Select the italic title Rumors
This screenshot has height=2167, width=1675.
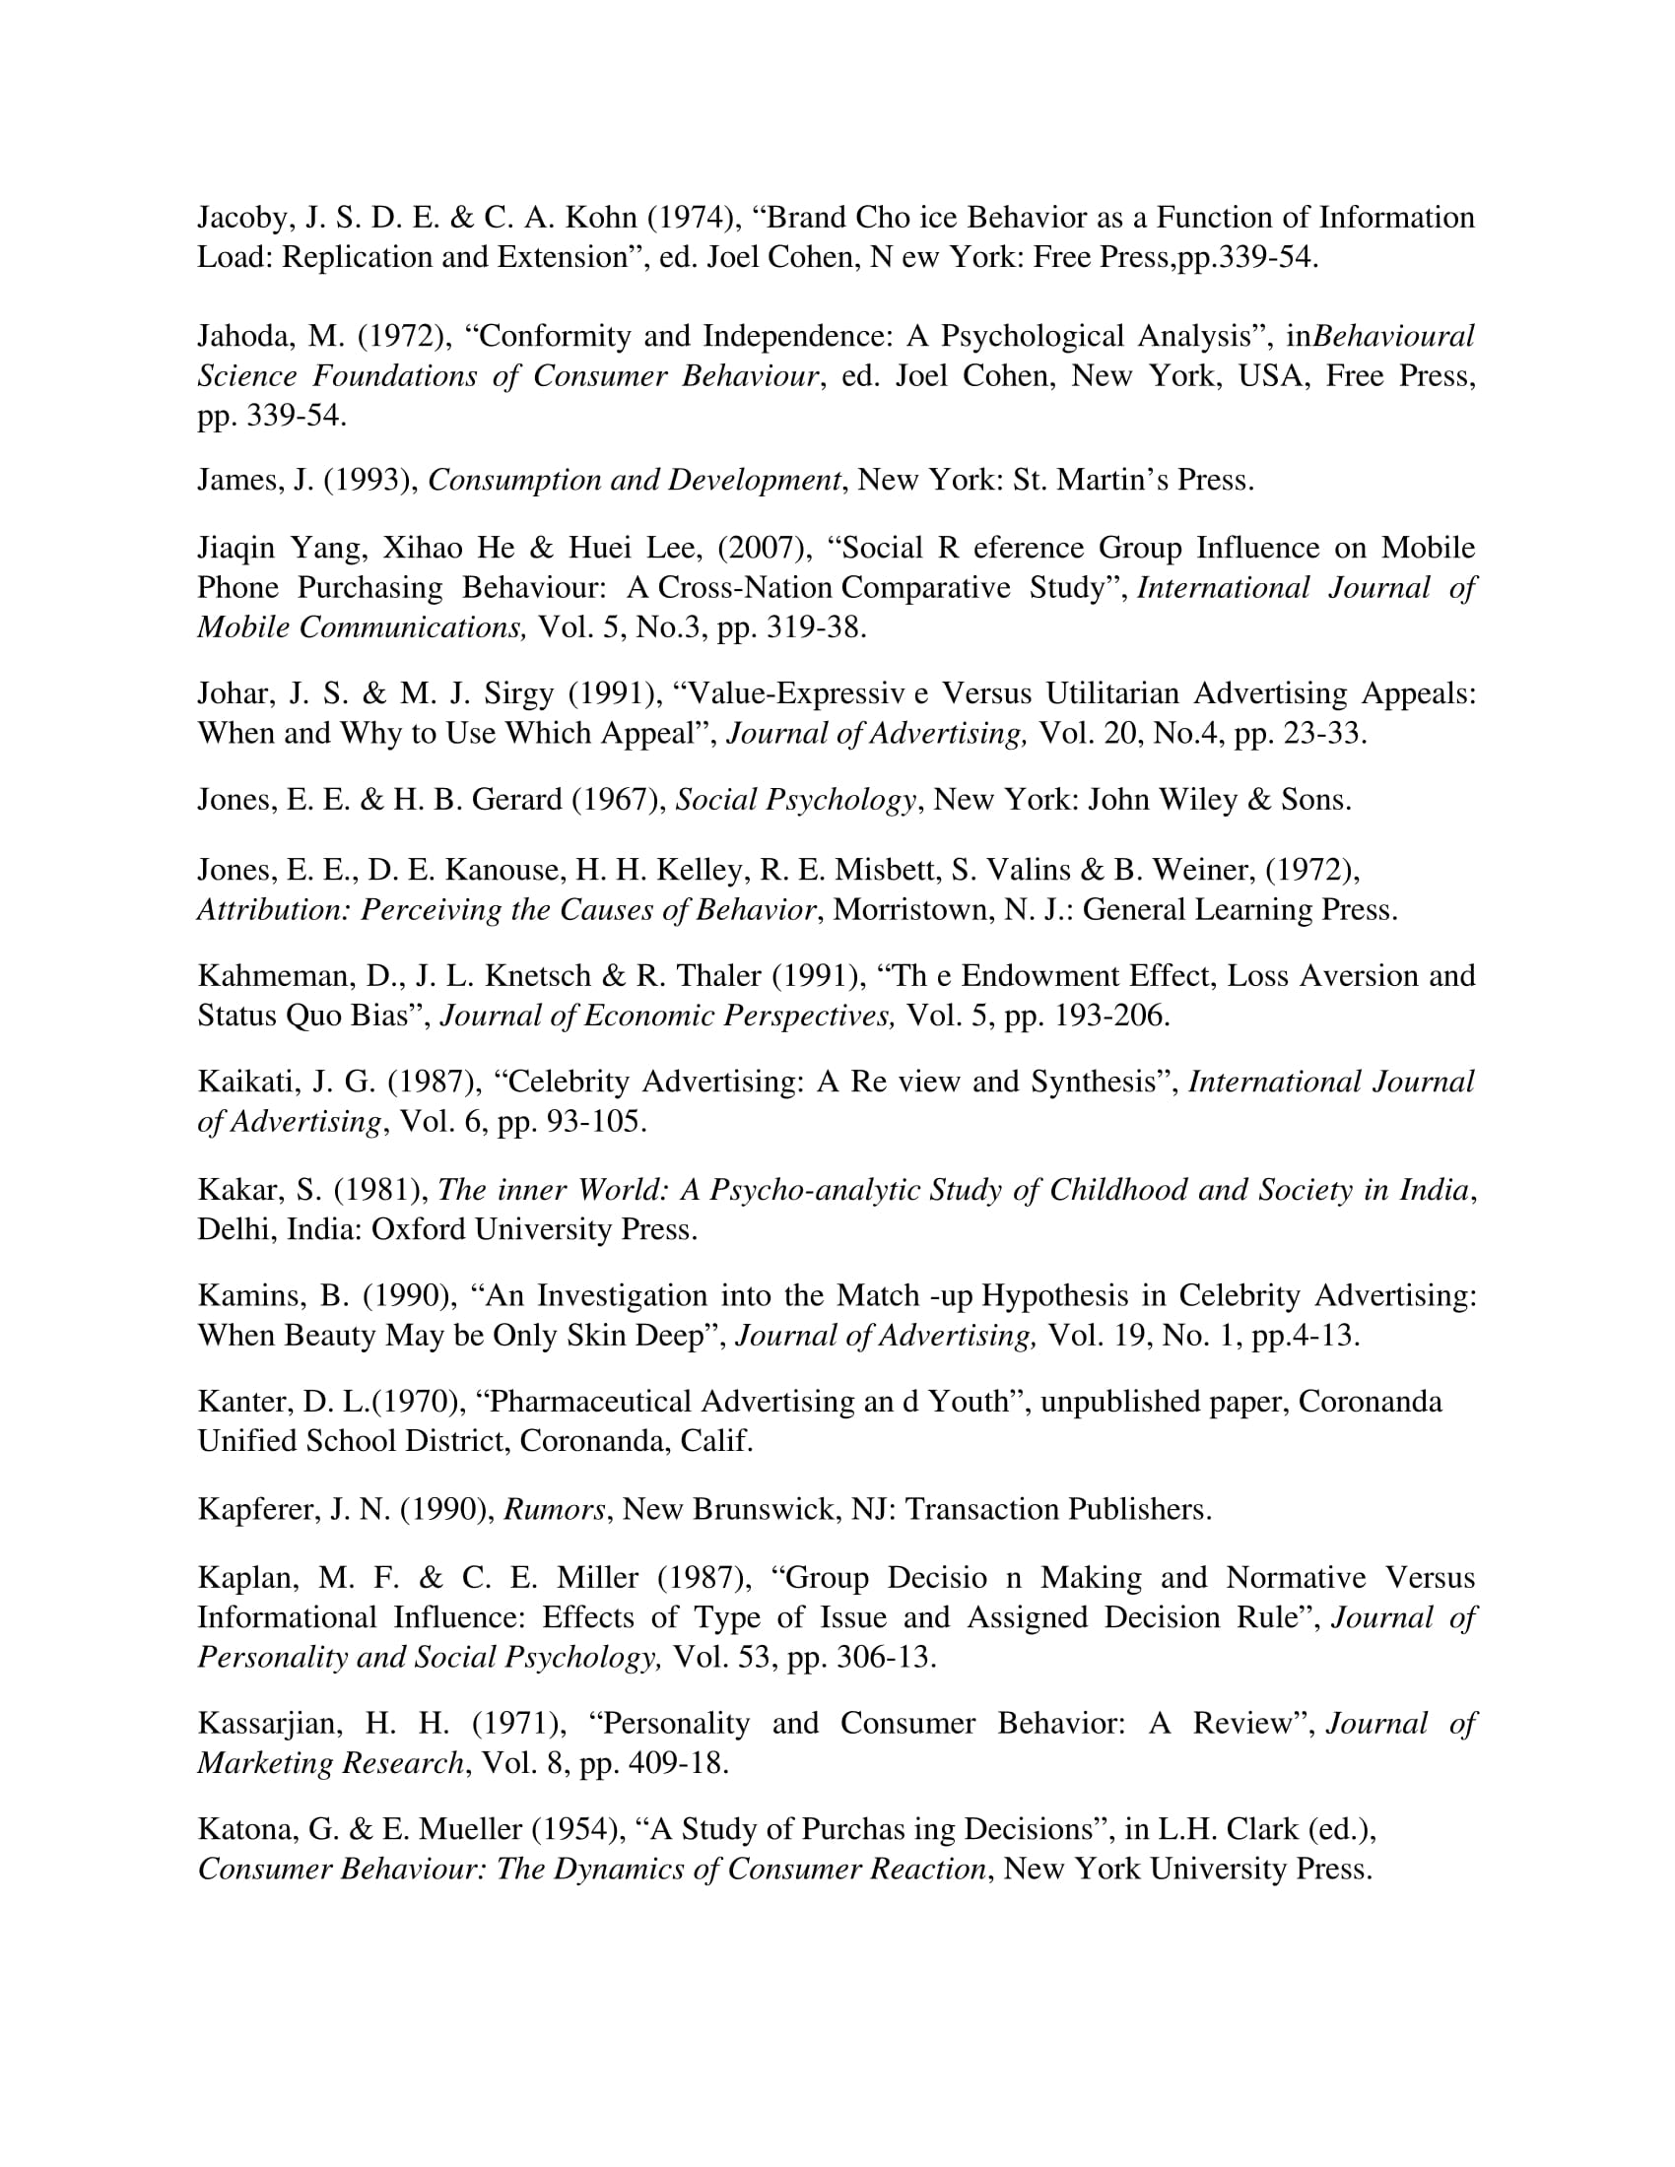[554, 1510]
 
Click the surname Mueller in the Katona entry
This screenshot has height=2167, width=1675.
[470, 1829]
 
